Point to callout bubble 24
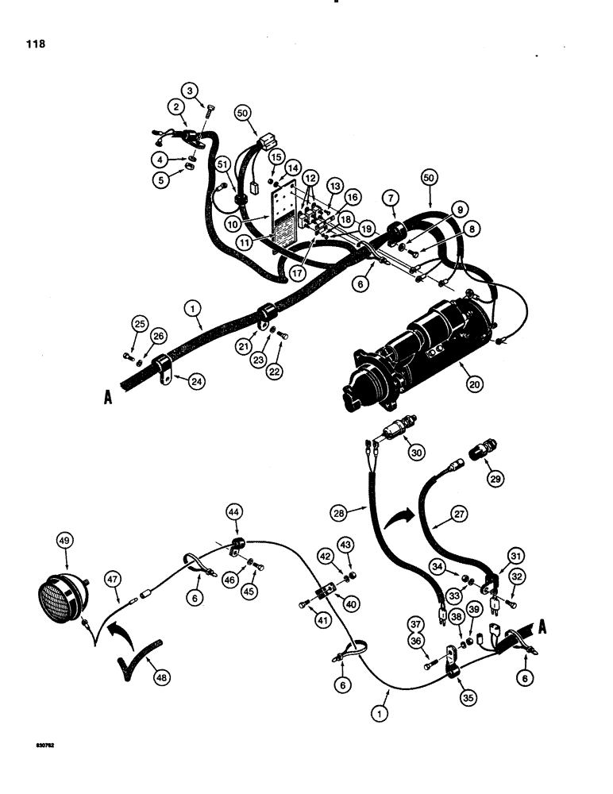click(x=188, y=382)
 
